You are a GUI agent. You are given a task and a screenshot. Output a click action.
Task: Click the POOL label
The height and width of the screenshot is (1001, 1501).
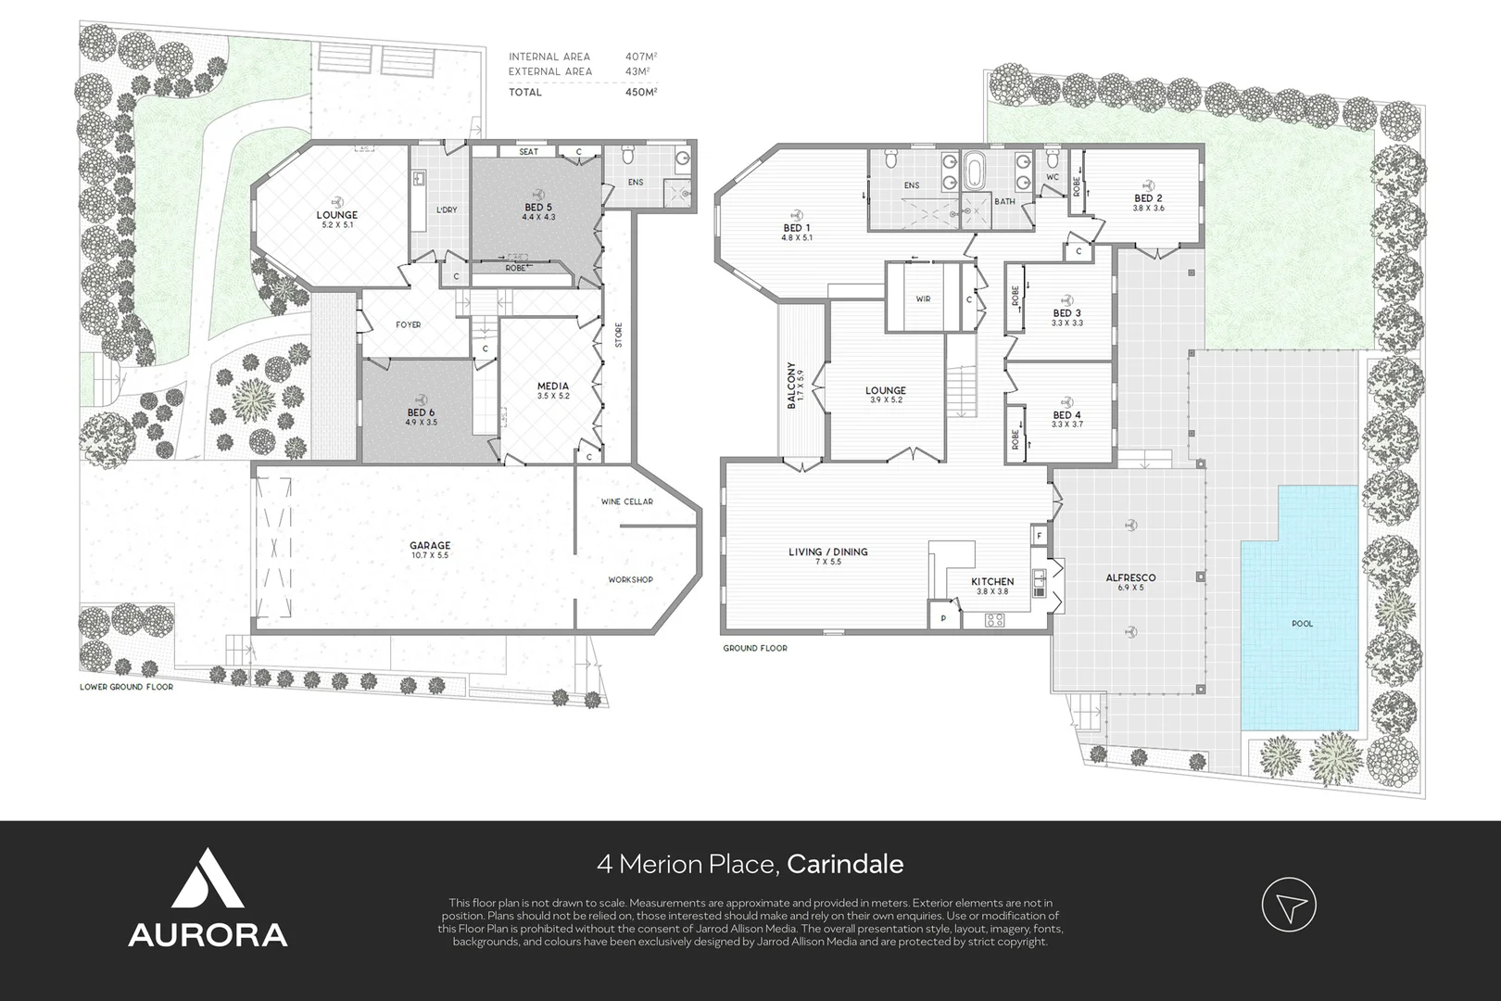(x=1302, y=624)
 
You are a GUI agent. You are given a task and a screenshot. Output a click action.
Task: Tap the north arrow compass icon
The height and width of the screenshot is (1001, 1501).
(x=1289, y=905)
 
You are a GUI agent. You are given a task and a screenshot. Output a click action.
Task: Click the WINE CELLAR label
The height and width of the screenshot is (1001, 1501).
(x=627, y=501)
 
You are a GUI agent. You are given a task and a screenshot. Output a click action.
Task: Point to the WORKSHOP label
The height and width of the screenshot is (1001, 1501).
(x=630, y=579)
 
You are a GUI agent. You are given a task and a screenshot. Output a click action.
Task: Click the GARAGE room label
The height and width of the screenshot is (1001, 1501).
(x=430, y=546)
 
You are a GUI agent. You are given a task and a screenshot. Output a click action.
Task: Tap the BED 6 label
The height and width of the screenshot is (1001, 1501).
(x=420, y=412)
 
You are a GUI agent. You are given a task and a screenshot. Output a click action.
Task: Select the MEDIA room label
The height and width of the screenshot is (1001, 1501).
(x=552, y=386)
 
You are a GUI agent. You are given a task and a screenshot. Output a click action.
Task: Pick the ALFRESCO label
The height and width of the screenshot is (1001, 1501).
(x=1130, y=577)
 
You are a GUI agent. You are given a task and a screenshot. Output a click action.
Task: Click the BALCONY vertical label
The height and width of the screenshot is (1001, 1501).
(x=791, y=386)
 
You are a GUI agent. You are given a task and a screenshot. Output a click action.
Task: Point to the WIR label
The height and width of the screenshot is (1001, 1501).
(x=923, y=299)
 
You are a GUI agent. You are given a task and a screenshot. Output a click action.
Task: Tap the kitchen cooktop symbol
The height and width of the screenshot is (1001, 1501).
(x=995, y=620)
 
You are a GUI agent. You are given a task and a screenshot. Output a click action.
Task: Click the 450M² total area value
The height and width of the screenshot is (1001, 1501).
(x=641, y=92)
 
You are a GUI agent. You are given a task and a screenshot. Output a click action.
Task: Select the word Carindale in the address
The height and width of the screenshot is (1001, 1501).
(x=845, y=865)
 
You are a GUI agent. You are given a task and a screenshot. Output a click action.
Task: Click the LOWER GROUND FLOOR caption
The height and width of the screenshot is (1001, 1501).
(x=126, y=688)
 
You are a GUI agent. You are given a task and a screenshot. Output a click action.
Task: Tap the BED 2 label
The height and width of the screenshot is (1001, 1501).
(x=1148, y=198)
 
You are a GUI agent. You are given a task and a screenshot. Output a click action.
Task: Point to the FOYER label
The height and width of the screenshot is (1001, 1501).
(x=408, y=324)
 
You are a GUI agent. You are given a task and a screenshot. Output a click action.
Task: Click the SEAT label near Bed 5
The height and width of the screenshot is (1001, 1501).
(x=528, y=152)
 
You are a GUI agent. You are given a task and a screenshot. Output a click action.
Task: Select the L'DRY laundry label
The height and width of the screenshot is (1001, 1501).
(x=447, y=209)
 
